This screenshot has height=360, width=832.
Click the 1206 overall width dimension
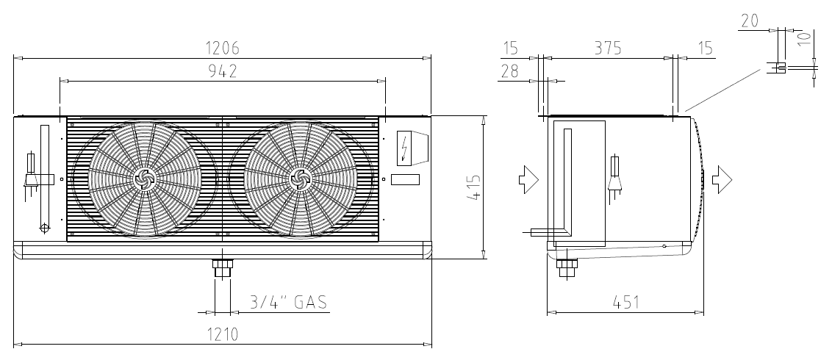click(222, 48)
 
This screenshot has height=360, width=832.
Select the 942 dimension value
click(222, 71)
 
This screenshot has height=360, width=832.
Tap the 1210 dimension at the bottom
click(222, 334)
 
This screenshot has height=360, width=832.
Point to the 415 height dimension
click(474, 187)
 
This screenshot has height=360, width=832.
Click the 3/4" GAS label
click(289, 302)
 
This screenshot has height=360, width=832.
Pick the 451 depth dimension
click(626, 302)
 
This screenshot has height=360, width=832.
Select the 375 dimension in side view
click(608, 48)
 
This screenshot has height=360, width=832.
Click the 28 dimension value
click(510, 71)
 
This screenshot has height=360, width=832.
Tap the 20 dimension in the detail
click(750, 21)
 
